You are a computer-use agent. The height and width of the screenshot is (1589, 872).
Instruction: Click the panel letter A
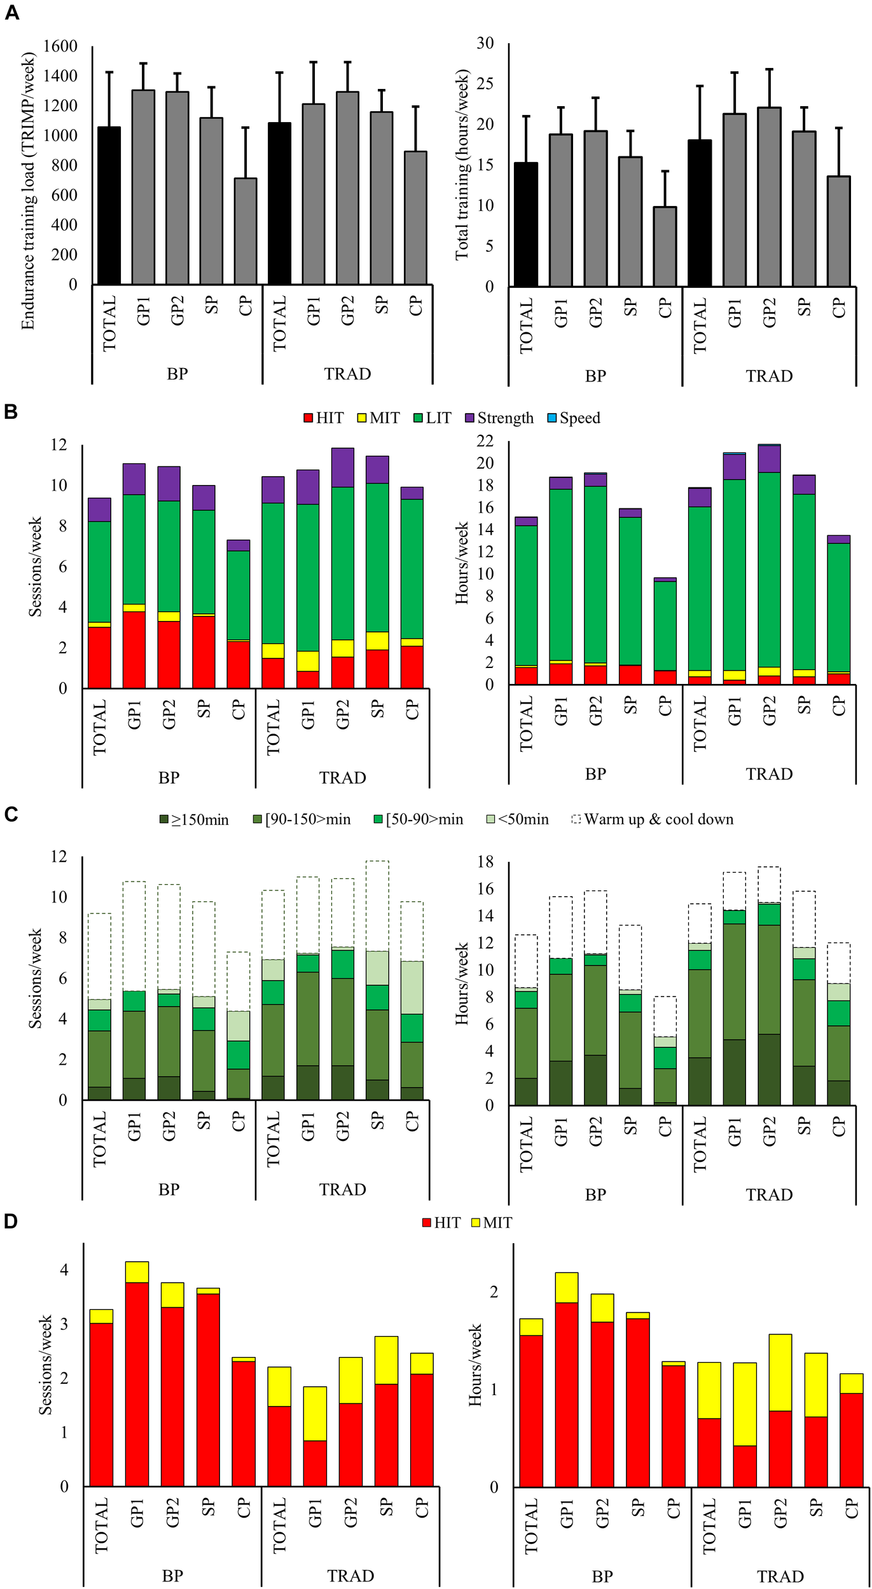[x=11, y=12]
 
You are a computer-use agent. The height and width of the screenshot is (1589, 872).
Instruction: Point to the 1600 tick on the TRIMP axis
[x=60, y=46]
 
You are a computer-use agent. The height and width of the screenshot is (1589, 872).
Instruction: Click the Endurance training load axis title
[x=27, y=191]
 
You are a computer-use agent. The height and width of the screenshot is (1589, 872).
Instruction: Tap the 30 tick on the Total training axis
[x=485, y=43]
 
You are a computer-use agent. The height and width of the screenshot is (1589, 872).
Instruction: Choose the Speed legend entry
[x=574, y=418]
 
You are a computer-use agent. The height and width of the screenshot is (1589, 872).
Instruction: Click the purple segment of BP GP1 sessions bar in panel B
[x=134, y=479]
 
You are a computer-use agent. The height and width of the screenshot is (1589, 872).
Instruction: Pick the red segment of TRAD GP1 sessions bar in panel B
[x=308, y=679]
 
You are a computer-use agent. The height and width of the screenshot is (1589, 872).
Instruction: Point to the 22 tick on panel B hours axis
[x=485, y=440]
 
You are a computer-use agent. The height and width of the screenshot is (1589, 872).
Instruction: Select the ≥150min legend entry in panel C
[x=194, y=820]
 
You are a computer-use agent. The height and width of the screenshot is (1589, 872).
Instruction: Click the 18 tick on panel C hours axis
[x=485, y=862]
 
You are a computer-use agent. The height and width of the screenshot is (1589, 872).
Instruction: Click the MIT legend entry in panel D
[x=491, y=1222]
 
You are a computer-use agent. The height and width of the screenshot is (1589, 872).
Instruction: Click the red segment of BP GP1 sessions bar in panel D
[x=137, y=1384]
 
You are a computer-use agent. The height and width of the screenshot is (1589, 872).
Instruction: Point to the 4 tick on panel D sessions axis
[x=64, y=1271]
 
